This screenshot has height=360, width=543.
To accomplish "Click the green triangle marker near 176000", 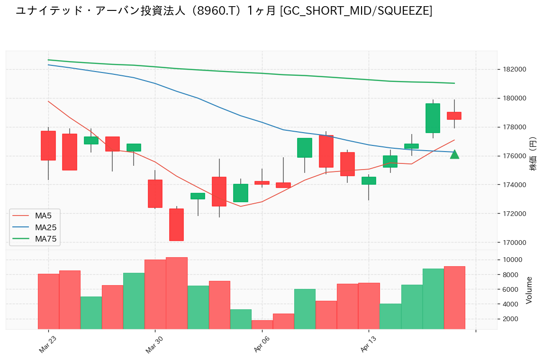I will click(x=454, y=154).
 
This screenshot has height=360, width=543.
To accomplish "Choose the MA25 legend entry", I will click(x=45, y=227).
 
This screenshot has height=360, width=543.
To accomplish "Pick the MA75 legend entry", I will click(x=45, y=239).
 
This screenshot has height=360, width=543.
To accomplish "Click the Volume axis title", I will click(x=529, y=290).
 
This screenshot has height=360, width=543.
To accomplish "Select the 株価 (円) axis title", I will click(x=533, y=154).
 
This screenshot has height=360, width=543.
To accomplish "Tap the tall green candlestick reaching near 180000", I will click(x=433, y=118).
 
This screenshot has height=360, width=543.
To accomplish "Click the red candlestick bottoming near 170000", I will click(x=176, y=225).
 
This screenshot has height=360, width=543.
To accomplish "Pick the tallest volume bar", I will click(x=176, y=293).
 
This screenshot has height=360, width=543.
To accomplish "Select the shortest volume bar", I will click(x=262, y=324).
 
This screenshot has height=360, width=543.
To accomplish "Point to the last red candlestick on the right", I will click(x=454, y=116).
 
